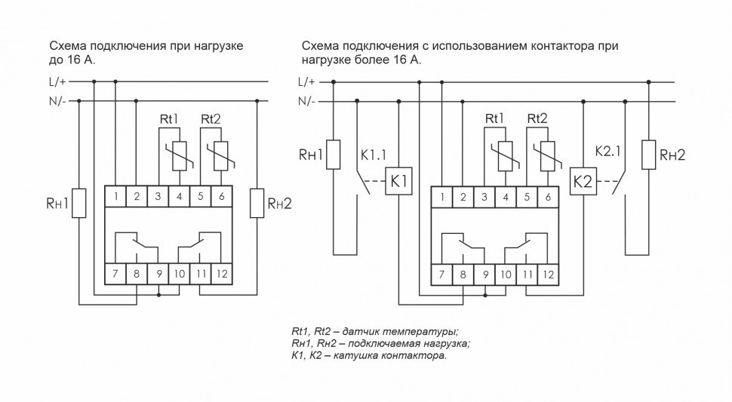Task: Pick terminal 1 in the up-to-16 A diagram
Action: click(x=115, y=198)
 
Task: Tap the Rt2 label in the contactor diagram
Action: click(x=537, y=118)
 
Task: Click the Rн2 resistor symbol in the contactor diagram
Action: click(x=647, y=155)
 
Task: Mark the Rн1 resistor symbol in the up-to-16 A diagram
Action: click(x=79, y=202)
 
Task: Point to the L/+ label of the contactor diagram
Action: click(x=307, y=81)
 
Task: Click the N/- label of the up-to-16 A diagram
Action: click(x=59, y=101)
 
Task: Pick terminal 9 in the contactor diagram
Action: click(x=484, y=275)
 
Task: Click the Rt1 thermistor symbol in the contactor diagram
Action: click(x=506, y=155)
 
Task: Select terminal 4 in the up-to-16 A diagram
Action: click(x=180, y=198)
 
